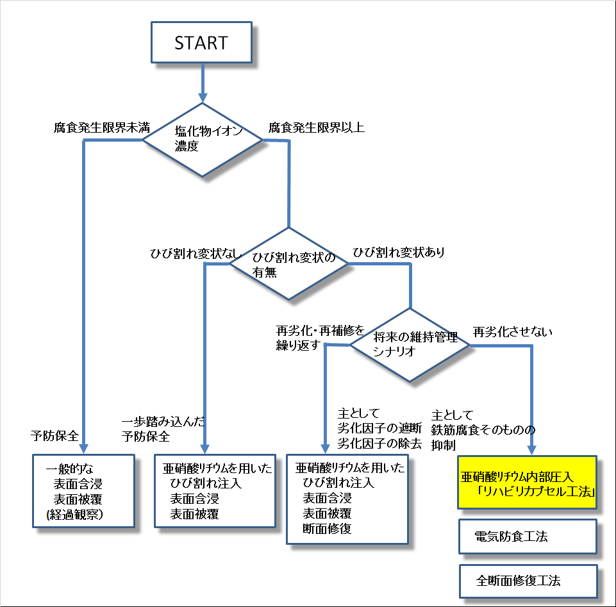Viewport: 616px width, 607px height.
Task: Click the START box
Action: [x=201, y=43]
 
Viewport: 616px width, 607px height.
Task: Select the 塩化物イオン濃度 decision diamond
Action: [x=202, y=140]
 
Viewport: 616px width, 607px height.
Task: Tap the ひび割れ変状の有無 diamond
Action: [x=289, y=263]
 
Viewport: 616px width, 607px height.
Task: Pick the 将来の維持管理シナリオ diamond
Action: [x=409, y=345]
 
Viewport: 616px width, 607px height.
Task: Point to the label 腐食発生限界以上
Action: [x=316, y=127]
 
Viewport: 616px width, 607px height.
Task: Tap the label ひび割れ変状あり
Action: [x=397, y=252]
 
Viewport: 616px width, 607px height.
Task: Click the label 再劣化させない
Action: [x=512, y=332]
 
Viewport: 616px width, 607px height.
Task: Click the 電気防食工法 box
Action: [x=527, y=536]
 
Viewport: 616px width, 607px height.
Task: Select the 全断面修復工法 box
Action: [x=527, y=581]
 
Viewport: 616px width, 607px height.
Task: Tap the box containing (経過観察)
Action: [x=84, y=490]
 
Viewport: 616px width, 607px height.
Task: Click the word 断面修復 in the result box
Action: [x=327, y=529]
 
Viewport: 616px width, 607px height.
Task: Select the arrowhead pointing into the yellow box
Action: [x=531, y=448]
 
